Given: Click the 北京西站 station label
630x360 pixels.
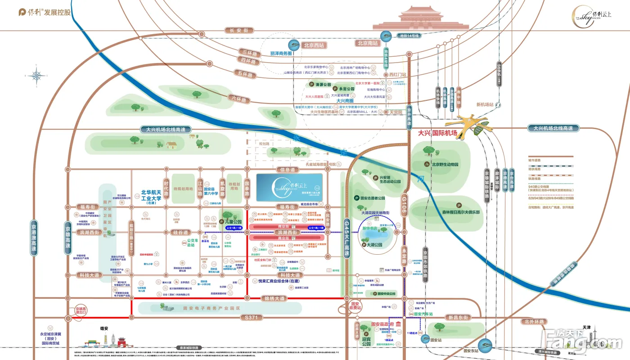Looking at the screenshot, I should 315,45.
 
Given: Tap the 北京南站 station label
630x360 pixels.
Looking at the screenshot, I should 369,43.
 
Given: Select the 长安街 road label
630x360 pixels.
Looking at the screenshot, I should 239,30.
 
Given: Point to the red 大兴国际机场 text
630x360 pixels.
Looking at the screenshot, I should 437,133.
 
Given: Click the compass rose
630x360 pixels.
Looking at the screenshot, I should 36,75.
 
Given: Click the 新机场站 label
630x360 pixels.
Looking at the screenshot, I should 485,104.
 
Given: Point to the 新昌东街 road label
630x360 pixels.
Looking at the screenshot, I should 459,317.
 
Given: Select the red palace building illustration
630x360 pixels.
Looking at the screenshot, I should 420,19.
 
